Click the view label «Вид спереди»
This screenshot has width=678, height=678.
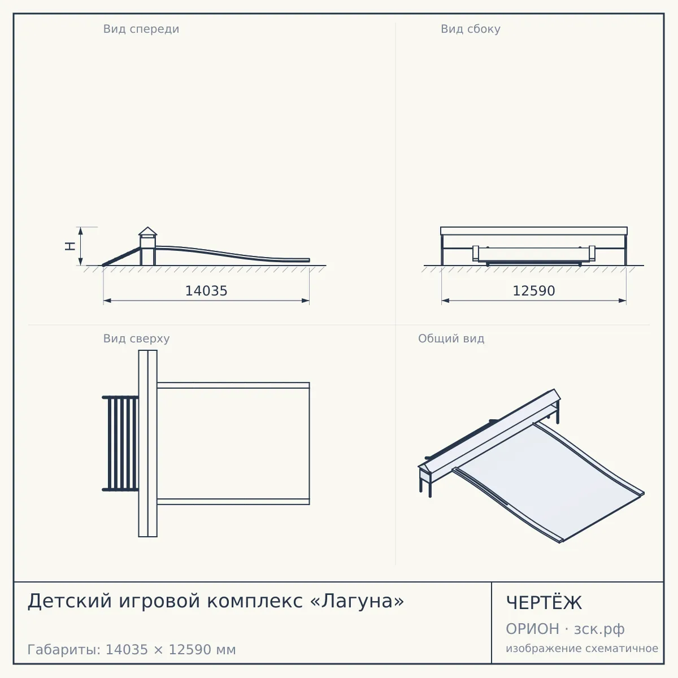click(x=141, y=29)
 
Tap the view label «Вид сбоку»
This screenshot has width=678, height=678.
click(x=471, y=29)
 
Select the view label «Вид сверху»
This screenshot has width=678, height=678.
click(x=137, y=339)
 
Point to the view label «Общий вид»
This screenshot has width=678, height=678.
click(x=451, y=339)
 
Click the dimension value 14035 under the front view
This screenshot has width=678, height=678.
click(x=206, y=291)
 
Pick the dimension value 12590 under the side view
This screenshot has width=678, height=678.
click(x=534, y=291)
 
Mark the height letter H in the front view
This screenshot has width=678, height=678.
click(x=71, y=246)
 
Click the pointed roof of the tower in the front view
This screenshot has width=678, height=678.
click(x=148, y=231)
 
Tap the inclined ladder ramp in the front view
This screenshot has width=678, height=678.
click(x=121, y=257)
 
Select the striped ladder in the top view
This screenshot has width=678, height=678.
click(x=120, y=444)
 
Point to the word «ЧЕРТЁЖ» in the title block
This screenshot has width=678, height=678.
click(x=544, y=602)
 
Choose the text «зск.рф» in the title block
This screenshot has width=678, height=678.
click(x=599, y=629)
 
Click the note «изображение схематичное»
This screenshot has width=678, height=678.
click(x=582, y=648)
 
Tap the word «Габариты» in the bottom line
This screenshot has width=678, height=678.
click(x=64, y=650)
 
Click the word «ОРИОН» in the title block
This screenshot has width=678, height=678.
click(x=532, y=629)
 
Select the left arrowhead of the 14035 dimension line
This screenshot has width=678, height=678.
click(x=107, y=301)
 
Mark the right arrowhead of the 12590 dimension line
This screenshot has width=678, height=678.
click(x=623, y=301)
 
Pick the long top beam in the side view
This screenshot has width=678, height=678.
click(x=534, y=231)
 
